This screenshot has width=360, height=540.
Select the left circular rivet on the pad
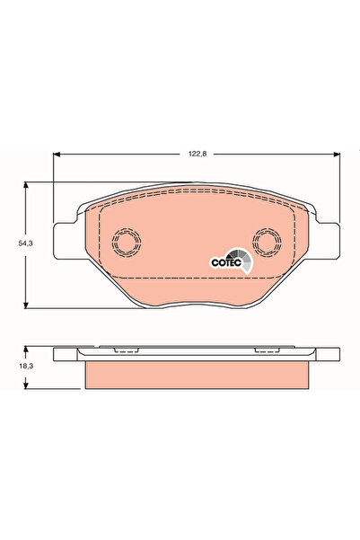point(123,242)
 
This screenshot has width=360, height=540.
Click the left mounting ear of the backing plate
point(65,241)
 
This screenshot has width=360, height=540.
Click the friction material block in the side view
point(198,373)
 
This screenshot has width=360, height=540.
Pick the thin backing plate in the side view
point(198,354)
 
